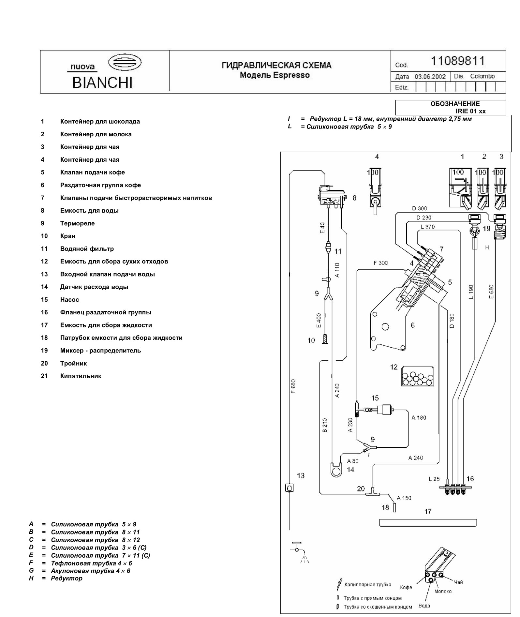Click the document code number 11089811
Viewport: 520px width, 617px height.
pyautogui.click(x=458, y=61)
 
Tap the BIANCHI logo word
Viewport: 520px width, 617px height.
pyautogui.click(x=102, y=83)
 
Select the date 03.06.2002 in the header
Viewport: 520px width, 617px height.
pyautogui.click(x=430, y=77)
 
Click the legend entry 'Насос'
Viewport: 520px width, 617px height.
pyautogui.click(x=69, y=300)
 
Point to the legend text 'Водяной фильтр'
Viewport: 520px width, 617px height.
pyautogui.click(x=87, y=249)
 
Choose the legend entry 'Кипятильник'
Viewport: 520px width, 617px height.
pyautogui.click(x=81, y=376)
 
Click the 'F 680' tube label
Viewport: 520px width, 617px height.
pyautogui.click(x=293, y=386)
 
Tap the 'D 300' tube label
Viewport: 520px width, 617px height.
pyautogui.click(x=419, y=208)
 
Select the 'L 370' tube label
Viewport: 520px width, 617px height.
pyautogui.click(x=427, y=227)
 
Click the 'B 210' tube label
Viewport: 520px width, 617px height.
pyautogui.click(x=324, y=425)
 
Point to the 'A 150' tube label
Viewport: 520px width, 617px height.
pyautogui.click(x=404, y=498)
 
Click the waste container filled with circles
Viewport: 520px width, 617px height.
pyautogui.click(x=418, y=376)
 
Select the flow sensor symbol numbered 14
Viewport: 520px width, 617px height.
pyautogui.click(x=336, y=470)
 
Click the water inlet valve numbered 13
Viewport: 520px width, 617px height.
pyautogui.click(x=289, y=488)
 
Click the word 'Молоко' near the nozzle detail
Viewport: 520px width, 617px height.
pyautogui.click(x=443, y=591)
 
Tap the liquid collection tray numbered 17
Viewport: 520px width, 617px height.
pyautogui.click(x=428, y=523)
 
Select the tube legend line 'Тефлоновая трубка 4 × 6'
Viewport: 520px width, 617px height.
pyautogui.click(x=91, y=563)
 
